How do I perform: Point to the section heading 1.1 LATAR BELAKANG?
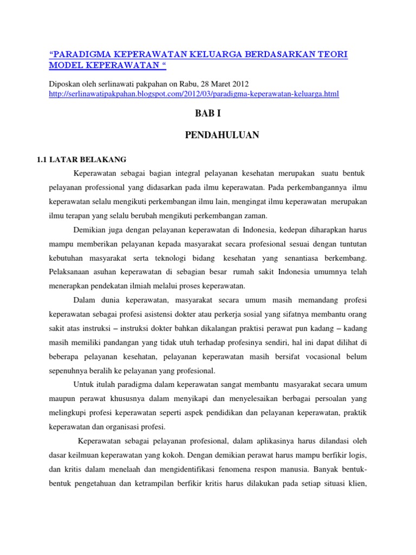point(81,159)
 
